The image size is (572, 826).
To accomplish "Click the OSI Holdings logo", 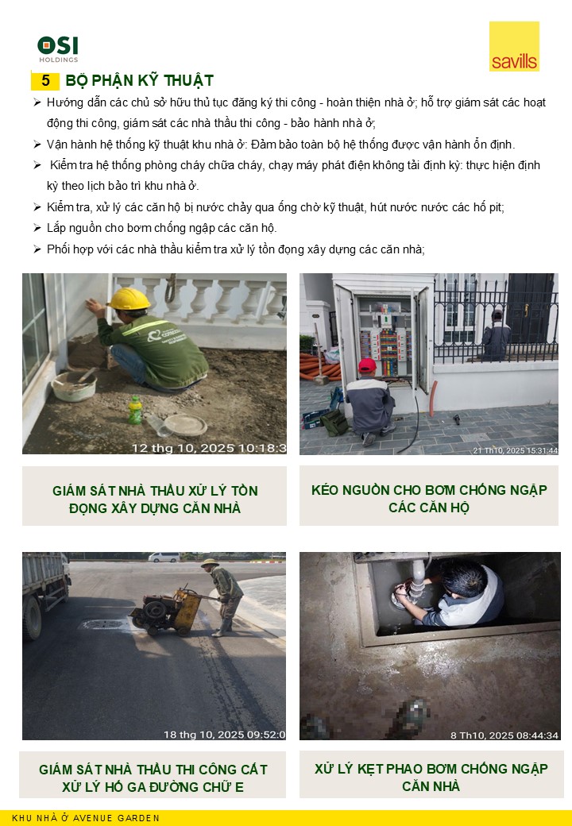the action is (x=58, y=49).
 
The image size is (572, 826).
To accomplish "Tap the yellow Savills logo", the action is (x=514, y=46).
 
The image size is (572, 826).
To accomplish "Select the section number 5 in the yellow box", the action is (x=45, y=80).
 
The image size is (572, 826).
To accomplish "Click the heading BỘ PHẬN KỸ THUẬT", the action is (x=139, y=80).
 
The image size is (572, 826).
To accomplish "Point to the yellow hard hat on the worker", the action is (x=129, y=299).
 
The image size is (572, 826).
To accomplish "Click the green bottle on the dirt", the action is (x=135, y=410).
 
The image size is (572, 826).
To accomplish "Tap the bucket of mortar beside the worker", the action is (x=74, y=386).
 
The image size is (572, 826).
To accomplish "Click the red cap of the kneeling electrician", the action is (x=367, y=365).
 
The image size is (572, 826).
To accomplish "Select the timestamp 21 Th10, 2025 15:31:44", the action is (x=515, y=450).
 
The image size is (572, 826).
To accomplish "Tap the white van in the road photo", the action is (x=164, y=557).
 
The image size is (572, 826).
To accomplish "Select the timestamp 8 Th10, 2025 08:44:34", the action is (x=504, y=735).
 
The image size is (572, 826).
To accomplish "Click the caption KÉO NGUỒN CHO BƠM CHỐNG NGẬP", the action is (x=429, y=490).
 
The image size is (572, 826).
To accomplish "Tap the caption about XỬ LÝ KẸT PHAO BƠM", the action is (x=431, y=778).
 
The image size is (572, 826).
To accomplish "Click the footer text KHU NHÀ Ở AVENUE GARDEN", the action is (x=86, y=818).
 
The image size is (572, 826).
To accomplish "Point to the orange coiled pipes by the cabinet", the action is (x=319, y=367).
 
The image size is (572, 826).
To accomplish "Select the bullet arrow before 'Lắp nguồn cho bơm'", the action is (x=37, y=228).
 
